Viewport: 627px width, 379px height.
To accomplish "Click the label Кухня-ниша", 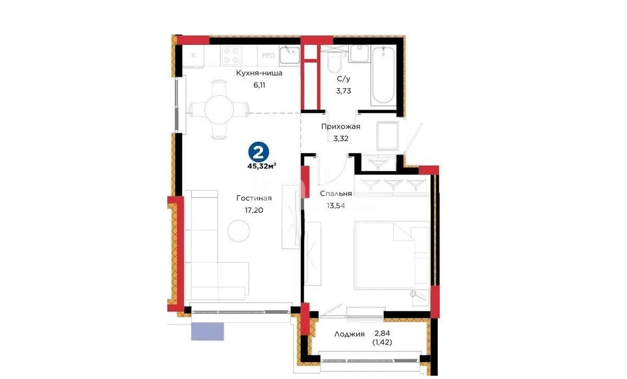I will tap(259, 73).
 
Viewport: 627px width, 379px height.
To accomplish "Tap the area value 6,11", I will tap(259, 85).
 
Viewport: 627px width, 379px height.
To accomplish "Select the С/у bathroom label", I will tap(343, 79).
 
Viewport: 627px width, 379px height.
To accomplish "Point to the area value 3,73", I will tap(343, 90).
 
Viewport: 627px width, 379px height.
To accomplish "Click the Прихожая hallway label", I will tap(340, 127).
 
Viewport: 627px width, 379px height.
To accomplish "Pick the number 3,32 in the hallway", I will tap(341, 139).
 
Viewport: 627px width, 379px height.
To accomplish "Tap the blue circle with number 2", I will tap(260, 152).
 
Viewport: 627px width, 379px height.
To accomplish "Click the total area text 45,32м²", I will tap(262, 167).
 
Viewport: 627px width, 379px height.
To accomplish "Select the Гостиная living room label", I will tap(254, 198).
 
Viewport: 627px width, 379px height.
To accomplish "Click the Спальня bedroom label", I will tap(335, 193).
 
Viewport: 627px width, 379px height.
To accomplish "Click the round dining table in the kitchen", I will tap(218, 109).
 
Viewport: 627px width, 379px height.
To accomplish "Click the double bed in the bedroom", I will tap(391, 255).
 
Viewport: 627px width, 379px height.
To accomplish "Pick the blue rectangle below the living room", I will tap(207, 331).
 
